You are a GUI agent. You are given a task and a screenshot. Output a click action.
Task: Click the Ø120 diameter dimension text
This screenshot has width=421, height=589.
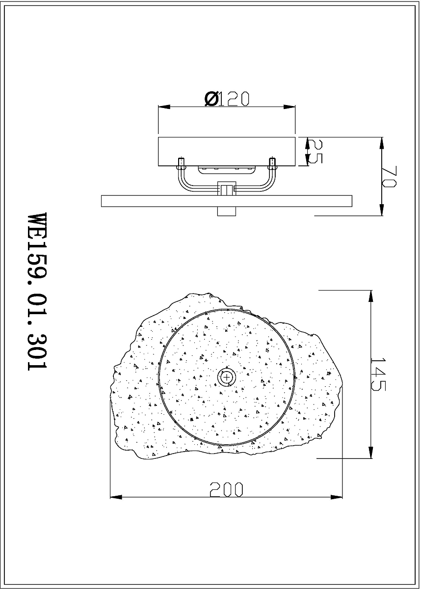click(x=227, y=99)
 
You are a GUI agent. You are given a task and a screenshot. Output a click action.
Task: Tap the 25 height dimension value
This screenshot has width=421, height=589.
click(x=315, y=151)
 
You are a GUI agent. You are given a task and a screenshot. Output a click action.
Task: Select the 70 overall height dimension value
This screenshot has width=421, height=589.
click(x=389, y=176)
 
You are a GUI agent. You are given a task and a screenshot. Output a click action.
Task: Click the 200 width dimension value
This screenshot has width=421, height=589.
click(x=227, y=489)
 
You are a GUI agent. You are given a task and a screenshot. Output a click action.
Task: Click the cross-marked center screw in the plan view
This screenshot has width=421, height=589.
click(x=226, y=377)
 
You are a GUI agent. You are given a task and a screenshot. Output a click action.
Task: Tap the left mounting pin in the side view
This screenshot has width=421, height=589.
click(x=182, y=163)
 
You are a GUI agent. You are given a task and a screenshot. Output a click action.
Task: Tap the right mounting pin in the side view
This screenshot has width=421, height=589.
click(x=272, y=163)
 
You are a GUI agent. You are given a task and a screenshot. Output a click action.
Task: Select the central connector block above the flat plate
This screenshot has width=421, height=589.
click(x=227, y=188)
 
